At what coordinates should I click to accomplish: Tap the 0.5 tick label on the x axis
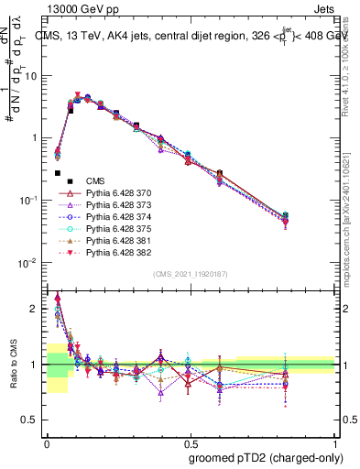coord(190,440)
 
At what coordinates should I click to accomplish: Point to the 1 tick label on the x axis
coord(334,440)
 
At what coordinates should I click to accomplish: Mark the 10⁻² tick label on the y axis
coord(30,263)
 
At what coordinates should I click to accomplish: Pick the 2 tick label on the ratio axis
coord(37,309)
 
